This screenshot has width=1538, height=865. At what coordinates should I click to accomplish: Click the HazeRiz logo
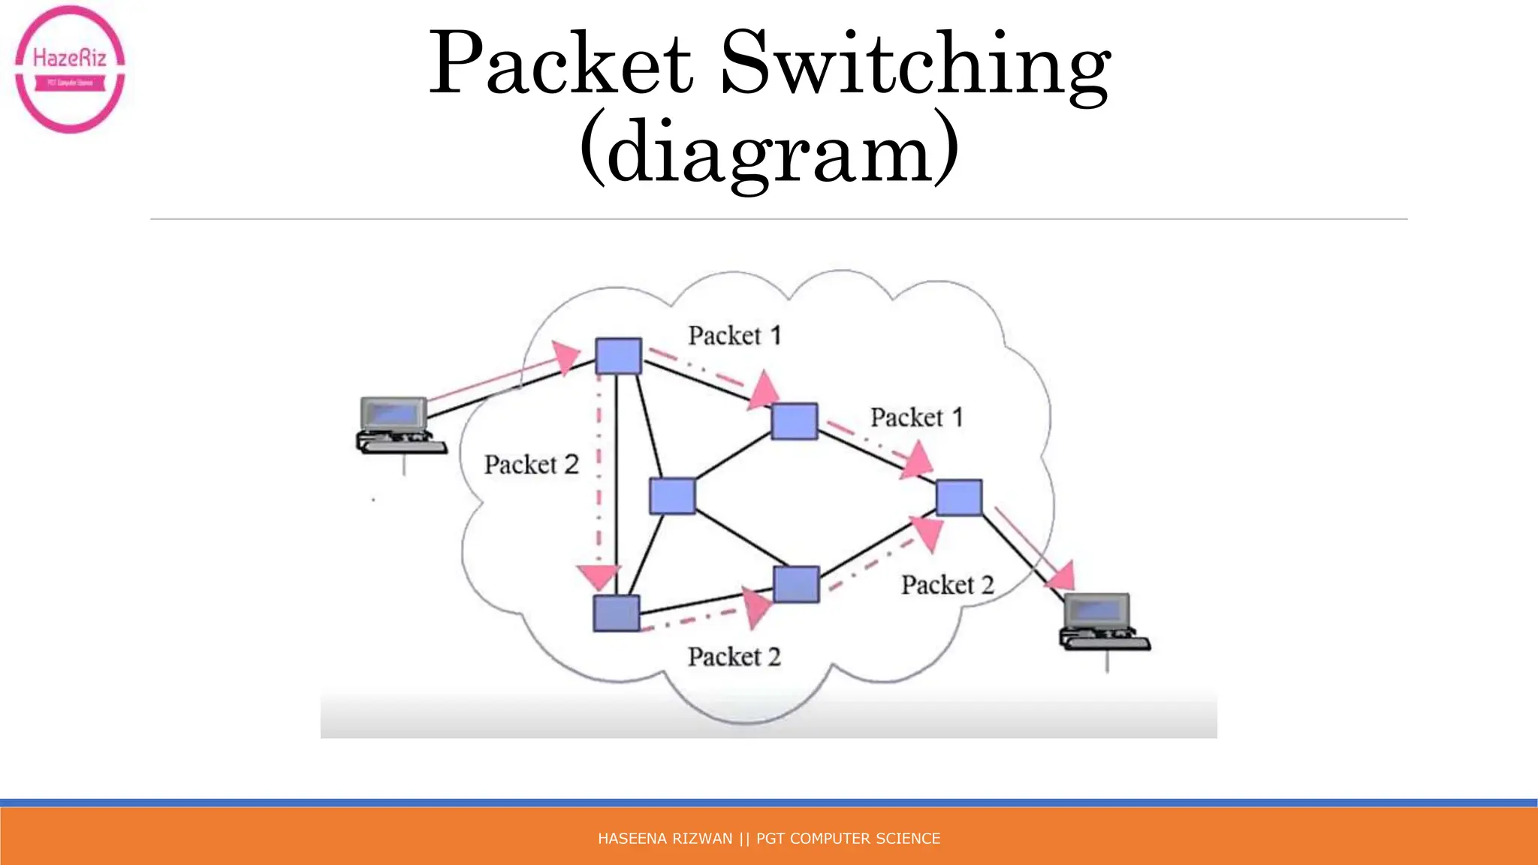tap(70, 69)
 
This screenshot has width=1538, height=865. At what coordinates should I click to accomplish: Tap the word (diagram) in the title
tap(769, 150)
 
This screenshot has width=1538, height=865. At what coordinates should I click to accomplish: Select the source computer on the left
tap(398, 426)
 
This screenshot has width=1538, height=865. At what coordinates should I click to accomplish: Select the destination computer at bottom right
tap(1102, 622)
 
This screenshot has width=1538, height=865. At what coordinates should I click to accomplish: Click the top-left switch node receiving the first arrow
tap(618, 356)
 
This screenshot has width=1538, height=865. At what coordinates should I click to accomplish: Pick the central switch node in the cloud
tap(672, 496)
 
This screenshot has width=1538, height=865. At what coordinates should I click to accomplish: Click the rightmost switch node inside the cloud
tap(959, 497)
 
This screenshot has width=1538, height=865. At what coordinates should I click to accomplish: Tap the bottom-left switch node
tap(617, 613)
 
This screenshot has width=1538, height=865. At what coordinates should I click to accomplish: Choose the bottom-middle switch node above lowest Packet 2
tap(796, 584)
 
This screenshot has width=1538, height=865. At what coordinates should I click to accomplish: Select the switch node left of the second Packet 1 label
tap(795, 420)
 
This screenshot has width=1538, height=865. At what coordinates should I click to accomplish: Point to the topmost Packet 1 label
tap(734, 336)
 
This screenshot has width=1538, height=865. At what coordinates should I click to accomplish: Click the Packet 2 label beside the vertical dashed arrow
tap(531, 465)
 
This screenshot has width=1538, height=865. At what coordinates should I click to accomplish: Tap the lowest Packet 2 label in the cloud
tap(734, 657)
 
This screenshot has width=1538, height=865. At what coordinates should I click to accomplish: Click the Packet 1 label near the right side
tap(916, 417)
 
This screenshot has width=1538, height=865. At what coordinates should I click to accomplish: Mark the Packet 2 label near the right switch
tap(947, 585)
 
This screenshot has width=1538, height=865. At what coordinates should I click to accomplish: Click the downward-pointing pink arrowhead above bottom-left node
tap(599, 577)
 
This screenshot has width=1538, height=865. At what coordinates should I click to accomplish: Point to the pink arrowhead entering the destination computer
tap(1062, 576)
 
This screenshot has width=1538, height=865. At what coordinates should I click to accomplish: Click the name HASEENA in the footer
tap(627, 839)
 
